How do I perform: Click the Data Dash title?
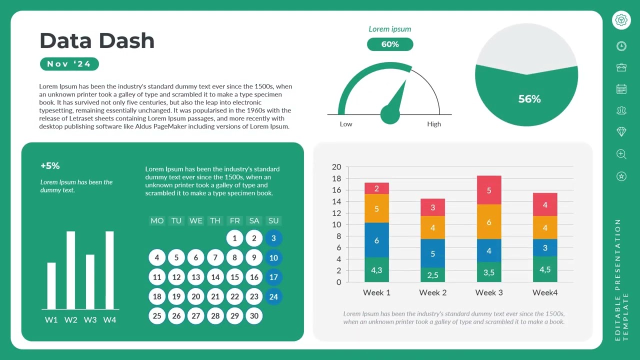(x=97, y=41)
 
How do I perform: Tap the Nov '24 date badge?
(x=69, y=64)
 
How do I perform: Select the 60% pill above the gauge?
(x=390, y=44)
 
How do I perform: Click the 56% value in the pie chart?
(x=529, y=99)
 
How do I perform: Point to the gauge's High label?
(x=433, y=124)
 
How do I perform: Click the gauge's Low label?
(x=346, y=124)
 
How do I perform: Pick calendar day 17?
(x=273, y=277)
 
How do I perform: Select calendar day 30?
(x=254, y=316)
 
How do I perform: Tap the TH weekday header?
(x=215, y=220)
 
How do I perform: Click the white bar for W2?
(x=70, y=270)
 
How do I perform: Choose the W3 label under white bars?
(x=90, y=320)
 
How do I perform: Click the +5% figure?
(x=50, y=165)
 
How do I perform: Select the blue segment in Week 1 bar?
(x=376, y=240)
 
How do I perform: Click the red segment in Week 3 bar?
(x=489, y=190)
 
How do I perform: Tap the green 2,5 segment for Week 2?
(x=432, y=275)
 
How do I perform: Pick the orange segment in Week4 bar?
(x=545, y=227)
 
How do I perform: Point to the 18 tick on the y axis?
(x=336, y=178)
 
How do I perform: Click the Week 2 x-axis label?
(x=432, y=292)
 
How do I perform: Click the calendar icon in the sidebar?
(x=621, y=89)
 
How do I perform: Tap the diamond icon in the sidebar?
(x=621, y=131)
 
